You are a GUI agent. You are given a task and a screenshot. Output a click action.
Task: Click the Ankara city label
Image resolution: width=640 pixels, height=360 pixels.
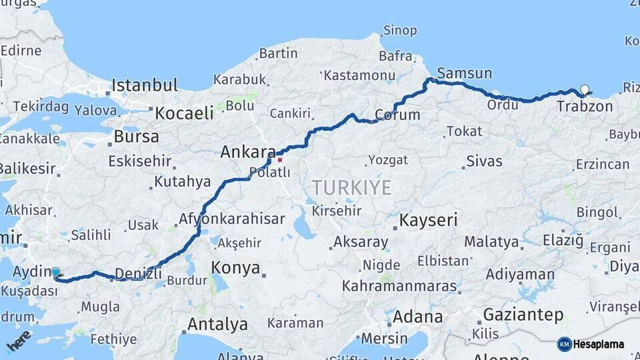(248, 152)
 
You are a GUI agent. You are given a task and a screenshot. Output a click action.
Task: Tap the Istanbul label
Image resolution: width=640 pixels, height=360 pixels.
(145, 85)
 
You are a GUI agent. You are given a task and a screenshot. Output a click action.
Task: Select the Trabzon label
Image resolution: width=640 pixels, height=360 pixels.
(584, 106)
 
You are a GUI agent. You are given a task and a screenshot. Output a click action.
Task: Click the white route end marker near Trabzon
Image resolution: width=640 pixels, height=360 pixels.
(585, 89)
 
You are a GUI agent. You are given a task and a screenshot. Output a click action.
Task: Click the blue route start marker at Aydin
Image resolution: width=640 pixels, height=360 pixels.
(55, 272)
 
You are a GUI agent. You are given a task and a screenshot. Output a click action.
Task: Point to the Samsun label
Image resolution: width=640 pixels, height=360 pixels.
(464, 73)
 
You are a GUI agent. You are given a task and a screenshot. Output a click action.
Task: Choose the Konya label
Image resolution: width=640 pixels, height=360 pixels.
(235, 268)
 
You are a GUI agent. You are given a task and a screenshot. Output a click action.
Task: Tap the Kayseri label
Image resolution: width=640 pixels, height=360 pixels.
(428, 220)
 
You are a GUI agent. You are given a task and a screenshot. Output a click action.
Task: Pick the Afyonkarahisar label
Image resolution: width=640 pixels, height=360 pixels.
(231, 219)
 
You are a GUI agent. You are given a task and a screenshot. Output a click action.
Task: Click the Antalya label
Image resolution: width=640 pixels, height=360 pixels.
(217, 325)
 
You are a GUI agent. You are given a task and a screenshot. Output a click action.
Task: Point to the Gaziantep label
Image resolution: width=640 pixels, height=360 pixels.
(523, 315)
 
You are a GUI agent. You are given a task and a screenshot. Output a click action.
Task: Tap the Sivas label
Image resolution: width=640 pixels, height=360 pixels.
(484, 161)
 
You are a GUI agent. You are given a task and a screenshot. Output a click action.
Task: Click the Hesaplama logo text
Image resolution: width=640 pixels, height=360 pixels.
(599, 344)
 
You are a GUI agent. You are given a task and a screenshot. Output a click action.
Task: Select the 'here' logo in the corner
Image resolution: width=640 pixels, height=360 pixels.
(18, 340)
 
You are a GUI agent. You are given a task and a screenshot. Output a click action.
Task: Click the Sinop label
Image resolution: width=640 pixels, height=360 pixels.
(400, 31)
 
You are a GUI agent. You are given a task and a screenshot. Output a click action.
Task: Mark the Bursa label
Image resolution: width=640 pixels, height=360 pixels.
(136, 137)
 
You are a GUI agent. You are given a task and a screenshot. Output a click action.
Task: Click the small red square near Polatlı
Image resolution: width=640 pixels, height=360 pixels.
(280, 159)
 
